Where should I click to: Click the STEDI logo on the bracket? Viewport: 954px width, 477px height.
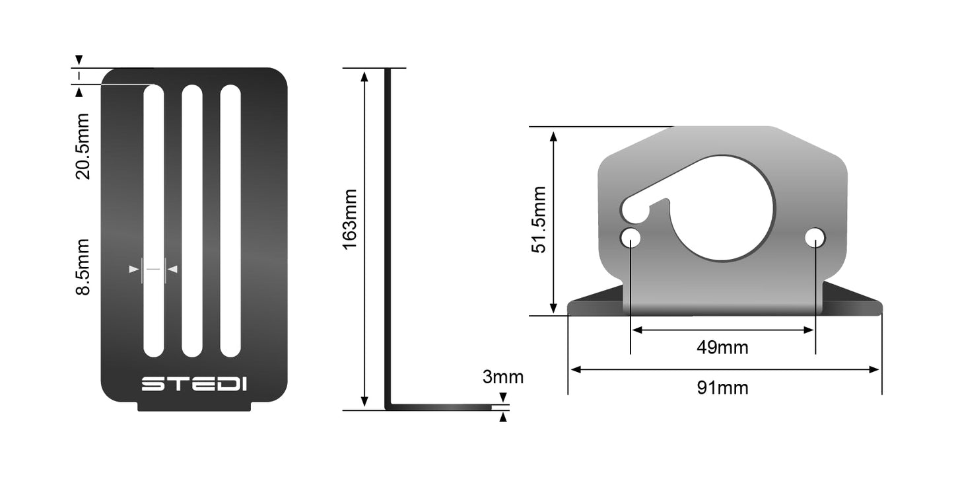[x=194, y=384]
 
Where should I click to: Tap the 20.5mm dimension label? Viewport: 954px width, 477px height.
[x=83, y=147]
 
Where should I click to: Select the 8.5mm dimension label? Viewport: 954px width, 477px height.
[x=83, y=267]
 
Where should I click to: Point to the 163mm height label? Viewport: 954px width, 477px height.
[x=349, y=219]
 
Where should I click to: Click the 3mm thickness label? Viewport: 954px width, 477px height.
[x=502, y=377]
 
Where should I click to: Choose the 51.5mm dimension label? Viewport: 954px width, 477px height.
[x=539, y=220]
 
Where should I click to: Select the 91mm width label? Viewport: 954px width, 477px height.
[x=722, y=388]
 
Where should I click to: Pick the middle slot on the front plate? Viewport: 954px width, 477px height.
[x=192, y=221]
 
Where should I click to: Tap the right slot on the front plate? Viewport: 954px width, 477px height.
[x=230, y=221]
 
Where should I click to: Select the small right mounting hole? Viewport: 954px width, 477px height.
[x=815, y=237]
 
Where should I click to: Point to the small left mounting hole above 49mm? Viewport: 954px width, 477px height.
[x=630, y=238]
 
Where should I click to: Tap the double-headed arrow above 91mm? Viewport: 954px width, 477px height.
[x=725, y=370]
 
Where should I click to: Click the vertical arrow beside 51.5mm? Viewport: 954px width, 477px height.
[x=554, y=221]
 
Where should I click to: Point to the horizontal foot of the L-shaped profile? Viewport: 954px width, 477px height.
[x=442, y=407]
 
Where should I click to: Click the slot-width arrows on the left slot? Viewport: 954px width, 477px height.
[x=154, y=269]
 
